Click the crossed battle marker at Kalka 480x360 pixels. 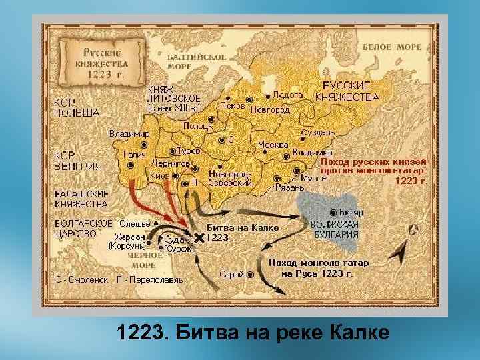198,238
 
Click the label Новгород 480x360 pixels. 270,110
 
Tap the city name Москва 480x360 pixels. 273,145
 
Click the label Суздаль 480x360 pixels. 317,133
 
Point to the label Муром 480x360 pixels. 314,179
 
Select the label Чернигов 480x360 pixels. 172,163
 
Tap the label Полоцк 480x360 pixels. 198,125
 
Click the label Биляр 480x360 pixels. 351,211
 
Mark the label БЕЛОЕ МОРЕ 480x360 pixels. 392,47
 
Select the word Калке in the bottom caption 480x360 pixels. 359,331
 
